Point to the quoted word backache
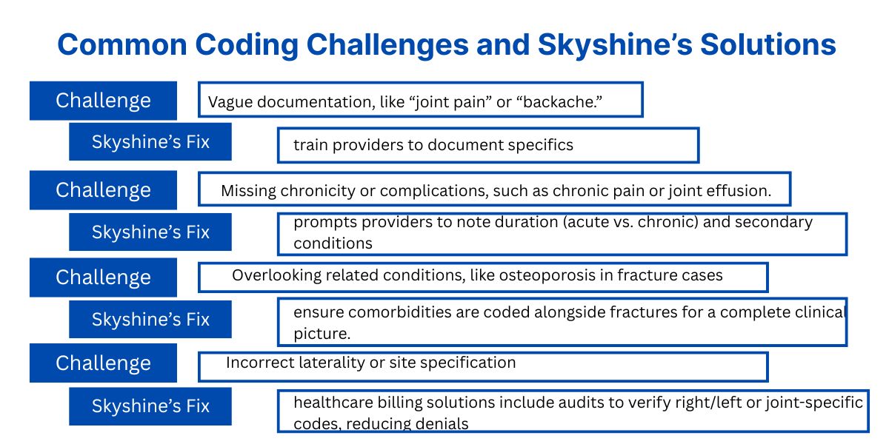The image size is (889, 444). [558, 102]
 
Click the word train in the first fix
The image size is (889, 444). [310, 145]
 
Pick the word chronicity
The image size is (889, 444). [316, 191]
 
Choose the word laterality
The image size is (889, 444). [323, 363]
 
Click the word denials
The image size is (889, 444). [444, 424]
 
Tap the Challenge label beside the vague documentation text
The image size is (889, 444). [103, 101]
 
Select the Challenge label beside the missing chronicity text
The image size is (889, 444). [103, 190]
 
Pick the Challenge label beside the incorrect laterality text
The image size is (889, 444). [103, 363]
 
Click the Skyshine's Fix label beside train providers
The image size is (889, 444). [150, 142]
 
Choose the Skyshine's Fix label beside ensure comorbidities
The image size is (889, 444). [150, 320]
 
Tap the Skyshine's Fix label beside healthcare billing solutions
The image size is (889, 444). [150, 406]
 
